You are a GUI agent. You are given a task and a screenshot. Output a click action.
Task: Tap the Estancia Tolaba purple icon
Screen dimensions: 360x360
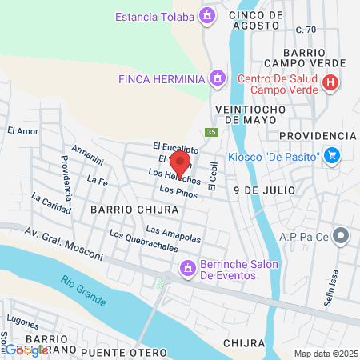click(208, 14)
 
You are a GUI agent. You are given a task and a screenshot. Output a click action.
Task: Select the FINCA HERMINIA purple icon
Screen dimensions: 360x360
click(216, 78)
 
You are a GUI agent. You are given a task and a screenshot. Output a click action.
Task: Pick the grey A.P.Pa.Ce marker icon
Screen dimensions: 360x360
click(342, 235)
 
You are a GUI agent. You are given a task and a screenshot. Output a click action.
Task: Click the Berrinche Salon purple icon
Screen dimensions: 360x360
click(188, 268)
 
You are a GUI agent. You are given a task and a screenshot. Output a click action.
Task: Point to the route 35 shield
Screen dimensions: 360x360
click(211, 133)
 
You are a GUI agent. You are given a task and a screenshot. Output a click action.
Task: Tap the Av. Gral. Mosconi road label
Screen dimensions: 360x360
click(64, 244)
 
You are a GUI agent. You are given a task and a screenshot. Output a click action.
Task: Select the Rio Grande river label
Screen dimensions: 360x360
click(82, 291)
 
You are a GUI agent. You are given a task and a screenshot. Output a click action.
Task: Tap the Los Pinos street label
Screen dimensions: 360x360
click(178, 190)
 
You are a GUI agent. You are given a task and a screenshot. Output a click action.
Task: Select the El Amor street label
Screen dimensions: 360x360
click(22, 130)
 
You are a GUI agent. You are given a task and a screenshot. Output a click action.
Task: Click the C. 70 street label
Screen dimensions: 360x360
click(306, 30)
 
